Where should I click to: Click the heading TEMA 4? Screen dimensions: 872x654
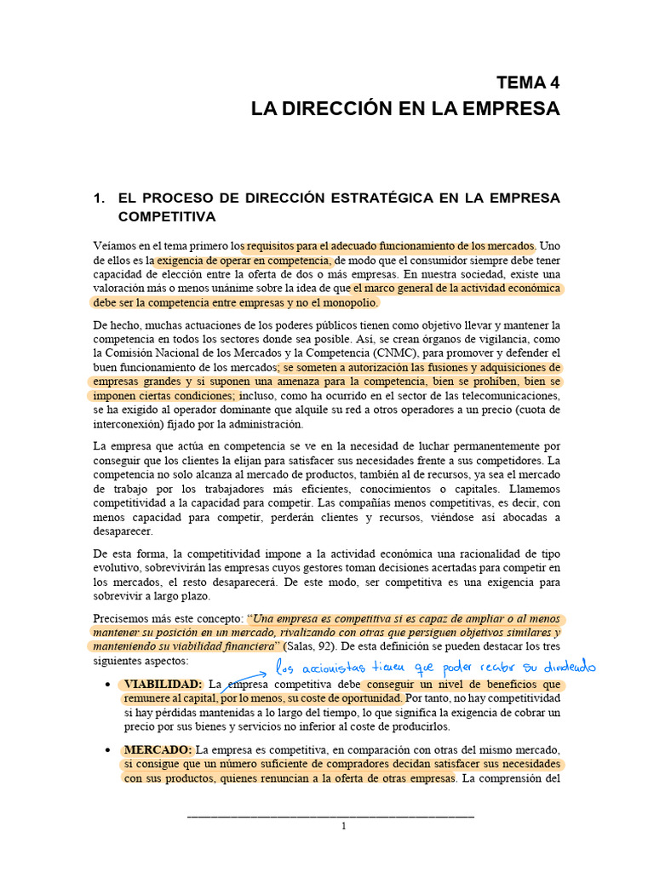point(529,83)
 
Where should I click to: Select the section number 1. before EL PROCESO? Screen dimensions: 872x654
point(100,198)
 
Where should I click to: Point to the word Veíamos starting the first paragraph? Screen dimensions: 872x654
point(117,244)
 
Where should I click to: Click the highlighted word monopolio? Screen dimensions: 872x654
point(345,302)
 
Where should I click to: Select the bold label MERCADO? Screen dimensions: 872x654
point(158,749)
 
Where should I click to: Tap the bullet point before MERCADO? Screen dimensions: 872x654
point(106,750)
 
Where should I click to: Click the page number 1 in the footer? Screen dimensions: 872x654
point(343,826)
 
